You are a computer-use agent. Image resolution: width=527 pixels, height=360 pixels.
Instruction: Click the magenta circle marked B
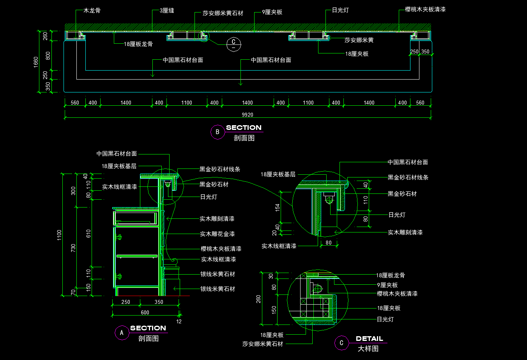click(x=217, y=132)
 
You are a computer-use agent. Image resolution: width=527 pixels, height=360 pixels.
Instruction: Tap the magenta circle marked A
click(x=122, y=333)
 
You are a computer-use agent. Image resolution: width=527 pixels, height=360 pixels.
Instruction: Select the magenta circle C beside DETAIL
click(x=341, y=343)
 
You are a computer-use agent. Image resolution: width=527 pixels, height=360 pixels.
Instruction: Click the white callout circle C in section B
click(x=233, y=43)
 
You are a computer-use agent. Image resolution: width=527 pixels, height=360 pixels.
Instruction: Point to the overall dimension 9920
click(x=248, y=115)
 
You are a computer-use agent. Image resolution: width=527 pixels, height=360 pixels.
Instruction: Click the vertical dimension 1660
click(x=36, y=62)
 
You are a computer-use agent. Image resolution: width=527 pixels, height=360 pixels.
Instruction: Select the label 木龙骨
click(x=92, y=11)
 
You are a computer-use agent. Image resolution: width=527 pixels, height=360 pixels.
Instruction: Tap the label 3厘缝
click(x=167, y=11)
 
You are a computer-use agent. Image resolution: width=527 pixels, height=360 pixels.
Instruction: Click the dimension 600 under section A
click(x=145, y=312)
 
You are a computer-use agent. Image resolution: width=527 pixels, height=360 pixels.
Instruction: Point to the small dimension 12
click(x=179, y=321)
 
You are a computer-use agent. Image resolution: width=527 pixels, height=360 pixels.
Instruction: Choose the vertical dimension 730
click(x=73, y=248)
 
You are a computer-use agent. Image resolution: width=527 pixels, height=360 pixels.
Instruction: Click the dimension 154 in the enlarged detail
click(x=278, y=207)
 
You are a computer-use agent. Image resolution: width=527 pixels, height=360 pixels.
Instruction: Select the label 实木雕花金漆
click(x=217, y=234)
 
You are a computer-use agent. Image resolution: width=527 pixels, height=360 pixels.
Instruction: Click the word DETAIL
click(x=370, y=339)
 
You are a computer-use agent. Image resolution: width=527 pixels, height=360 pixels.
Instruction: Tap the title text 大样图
click(x=368, y=349)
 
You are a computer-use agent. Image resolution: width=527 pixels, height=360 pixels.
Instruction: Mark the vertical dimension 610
click(x=88, y=233)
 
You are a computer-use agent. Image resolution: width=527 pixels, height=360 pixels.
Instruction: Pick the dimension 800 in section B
click(x=48, y=55)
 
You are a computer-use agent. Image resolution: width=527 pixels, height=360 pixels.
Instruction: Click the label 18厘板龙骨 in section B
click(x=138, y=44)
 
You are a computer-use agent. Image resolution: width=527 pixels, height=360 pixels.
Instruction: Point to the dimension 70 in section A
click(x=73, y=292)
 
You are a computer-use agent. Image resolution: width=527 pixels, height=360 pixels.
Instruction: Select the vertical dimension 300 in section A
click(x=73, y=191)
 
